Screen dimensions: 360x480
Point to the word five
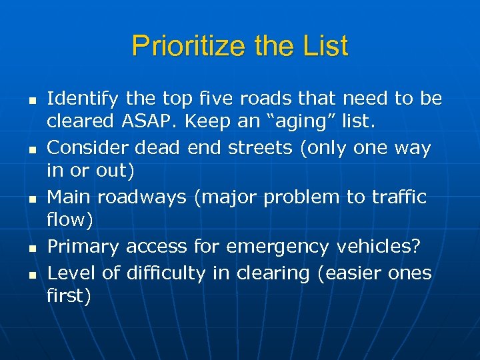pos(210,99)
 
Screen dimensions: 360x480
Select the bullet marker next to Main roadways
pos(23,199)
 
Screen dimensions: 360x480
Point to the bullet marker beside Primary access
pos(23,249)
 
